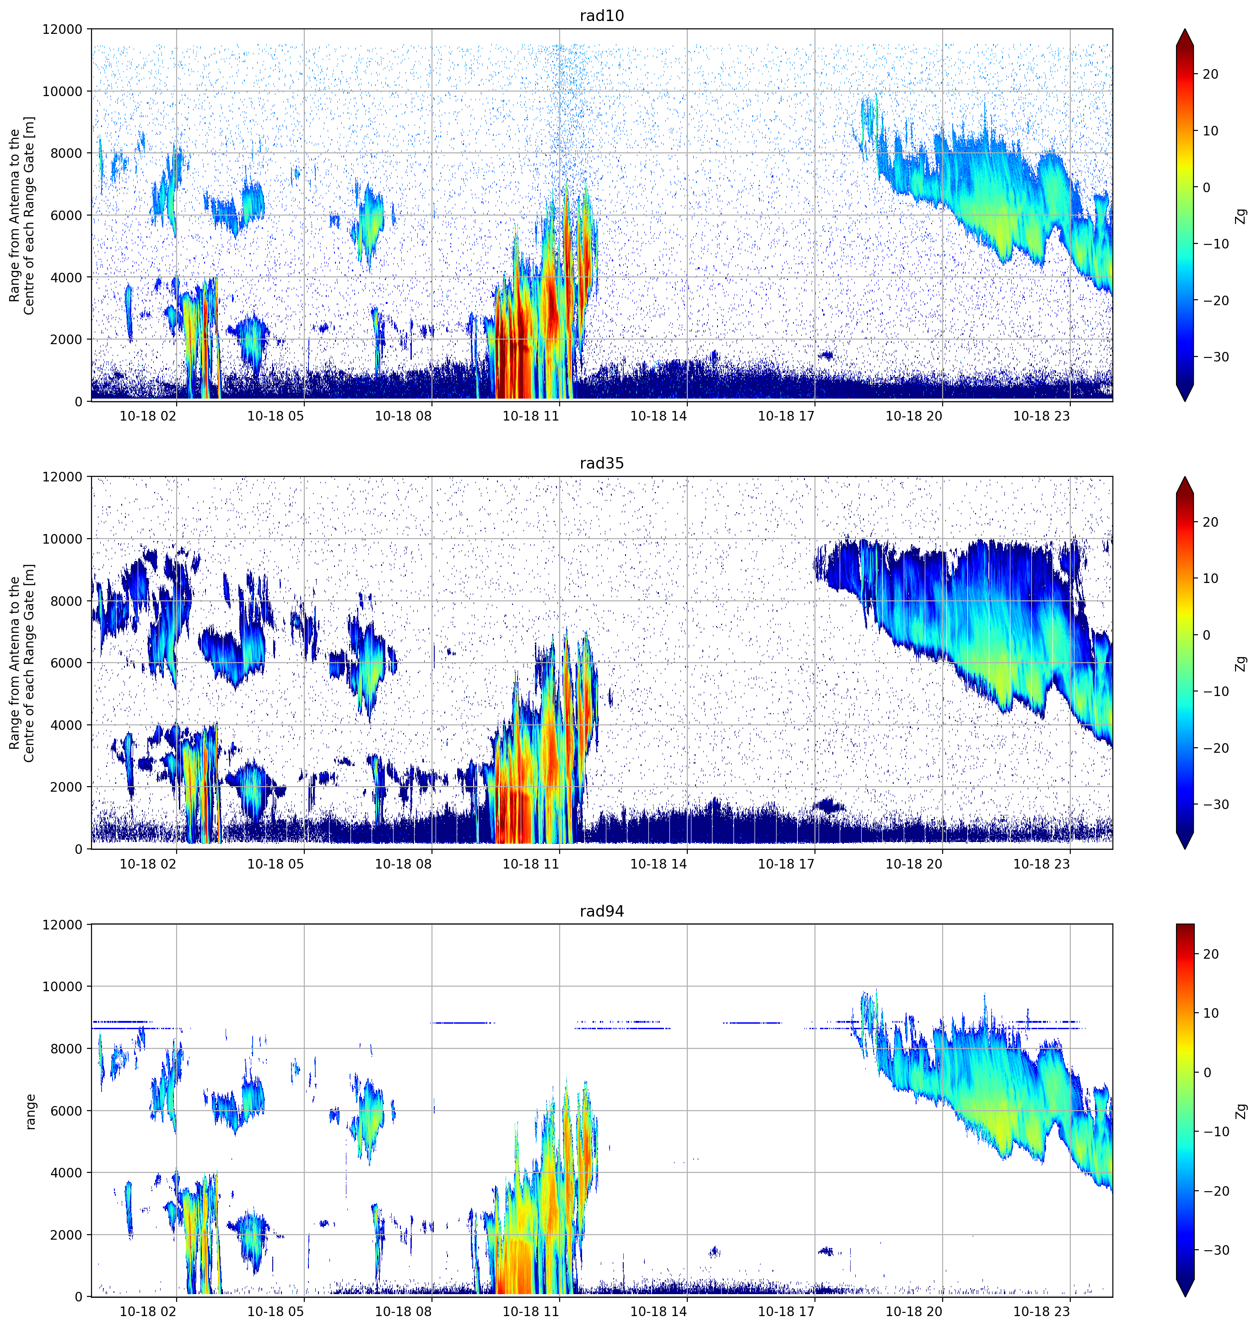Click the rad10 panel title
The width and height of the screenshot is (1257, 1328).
pos(602,16)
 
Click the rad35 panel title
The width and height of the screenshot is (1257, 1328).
pos(602,463)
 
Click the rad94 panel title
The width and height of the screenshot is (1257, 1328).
pos(602,911)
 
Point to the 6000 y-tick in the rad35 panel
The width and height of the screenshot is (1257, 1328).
pos(66,664)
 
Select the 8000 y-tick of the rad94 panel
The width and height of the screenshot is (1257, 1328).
pos(66,1048)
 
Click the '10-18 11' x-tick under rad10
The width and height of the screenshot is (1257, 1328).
pos(531,416)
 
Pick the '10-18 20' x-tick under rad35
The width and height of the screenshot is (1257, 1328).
pos(914,864)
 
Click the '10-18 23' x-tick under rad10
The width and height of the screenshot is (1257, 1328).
pos(1041,416)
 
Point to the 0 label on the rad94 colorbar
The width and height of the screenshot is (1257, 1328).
pos(1208,1073)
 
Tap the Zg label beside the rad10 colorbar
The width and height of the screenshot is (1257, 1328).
pos(1241,216)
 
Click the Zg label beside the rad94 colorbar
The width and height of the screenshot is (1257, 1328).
pos(1241,1112)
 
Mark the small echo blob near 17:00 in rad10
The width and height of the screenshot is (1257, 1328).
pos(825,355)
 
